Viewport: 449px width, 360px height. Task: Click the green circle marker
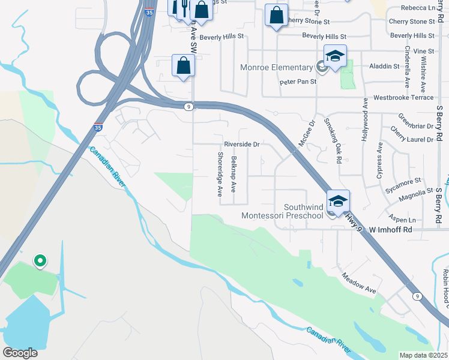[x=40, y=260]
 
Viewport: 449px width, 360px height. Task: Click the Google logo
[x=20, y=352]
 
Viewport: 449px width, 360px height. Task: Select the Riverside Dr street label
[x=241, y=145]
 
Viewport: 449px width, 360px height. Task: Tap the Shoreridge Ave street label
[x=220, y=174]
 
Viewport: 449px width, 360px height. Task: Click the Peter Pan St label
[x=298, y=81]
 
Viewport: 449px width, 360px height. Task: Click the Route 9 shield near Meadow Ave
[x=416, y=296]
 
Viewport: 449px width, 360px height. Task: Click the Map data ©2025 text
[x=424, y=355]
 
